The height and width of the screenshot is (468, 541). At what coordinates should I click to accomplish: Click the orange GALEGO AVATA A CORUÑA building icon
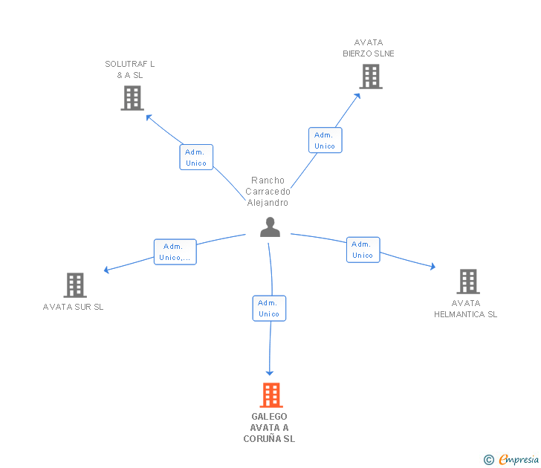(270, 395)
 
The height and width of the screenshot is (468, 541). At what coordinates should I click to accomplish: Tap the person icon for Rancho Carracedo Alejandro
(270, 227)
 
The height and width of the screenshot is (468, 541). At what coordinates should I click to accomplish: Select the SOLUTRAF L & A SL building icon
(132, 97)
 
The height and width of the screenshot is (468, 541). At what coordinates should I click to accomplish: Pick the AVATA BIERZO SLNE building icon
(370, 76)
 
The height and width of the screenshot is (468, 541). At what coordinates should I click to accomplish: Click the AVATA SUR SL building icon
(74, 285)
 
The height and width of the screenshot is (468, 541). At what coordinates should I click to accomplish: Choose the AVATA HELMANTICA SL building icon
(467, 281)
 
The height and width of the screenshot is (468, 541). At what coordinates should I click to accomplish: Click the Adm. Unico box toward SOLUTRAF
(196, 157)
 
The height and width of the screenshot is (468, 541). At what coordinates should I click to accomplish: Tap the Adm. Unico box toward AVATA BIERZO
(325, 140)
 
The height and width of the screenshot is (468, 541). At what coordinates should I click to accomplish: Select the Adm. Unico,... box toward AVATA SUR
(175, 252)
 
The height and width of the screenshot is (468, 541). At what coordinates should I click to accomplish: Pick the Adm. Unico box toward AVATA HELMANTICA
(363, 250)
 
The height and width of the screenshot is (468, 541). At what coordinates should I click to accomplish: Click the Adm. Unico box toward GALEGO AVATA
(269, 308)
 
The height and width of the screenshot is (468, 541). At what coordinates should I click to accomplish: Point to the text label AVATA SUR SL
(74, 307)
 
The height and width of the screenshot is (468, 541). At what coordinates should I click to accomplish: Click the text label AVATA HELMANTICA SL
(466, 308)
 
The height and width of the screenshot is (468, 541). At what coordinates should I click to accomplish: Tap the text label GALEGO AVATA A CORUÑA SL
(269, 427)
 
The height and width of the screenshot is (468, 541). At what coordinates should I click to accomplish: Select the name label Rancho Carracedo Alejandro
(268, 192)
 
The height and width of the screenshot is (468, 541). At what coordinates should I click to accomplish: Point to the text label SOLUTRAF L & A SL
(130, 69)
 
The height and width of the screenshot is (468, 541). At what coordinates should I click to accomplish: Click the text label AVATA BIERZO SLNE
(369, 48)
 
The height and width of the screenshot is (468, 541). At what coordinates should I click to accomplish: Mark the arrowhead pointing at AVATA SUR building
(107, 270)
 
